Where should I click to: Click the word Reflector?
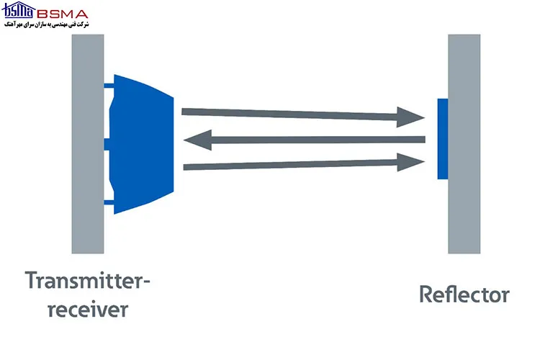click(464, 294)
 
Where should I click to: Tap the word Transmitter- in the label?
click(87, 280)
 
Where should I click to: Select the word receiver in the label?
click(88, 309)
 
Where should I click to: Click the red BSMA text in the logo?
click(63, 14)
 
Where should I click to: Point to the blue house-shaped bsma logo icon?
click(18, 9)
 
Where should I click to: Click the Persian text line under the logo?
click(47, 24)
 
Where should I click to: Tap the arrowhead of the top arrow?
click(410, 117)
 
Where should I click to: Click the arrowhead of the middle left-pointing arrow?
click(198, 140)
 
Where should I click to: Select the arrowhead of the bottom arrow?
click(410, 162)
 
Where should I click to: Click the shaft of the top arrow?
click(289, 114)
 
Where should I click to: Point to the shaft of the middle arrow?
click(318, 140)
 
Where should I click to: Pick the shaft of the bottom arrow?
click(290, 165)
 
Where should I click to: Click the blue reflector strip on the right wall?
click(443, 139)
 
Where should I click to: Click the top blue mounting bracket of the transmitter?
click(109, 86)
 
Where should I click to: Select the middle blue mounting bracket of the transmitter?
click(107, 144)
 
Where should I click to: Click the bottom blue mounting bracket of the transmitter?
click(109, 202)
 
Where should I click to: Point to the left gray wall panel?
click(88, 144)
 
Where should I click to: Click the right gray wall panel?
click(464, 144)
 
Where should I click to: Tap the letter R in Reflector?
click(426, 294)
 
